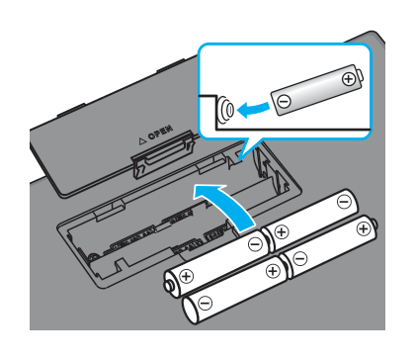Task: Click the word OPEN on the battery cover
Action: (161, 133)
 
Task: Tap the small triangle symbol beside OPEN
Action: (142, 141)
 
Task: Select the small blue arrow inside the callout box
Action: (253, 109)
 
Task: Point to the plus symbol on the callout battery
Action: (348, 79)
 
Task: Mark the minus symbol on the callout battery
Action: (284, 101)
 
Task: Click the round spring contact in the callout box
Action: (225, 110)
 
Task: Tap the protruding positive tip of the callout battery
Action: (361, 75)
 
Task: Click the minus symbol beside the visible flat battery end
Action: (205, 303)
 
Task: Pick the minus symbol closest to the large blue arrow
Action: (255, 244)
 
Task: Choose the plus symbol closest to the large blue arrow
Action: (282, 231)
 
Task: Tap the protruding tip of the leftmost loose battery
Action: (168, 286)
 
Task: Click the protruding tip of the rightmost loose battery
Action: (374, 225)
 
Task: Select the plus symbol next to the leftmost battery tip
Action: (187, 276)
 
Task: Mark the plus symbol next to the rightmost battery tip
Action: (364, 228)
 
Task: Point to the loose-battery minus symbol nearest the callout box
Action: (344, 202)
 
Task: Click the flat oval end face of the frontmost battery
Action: (190, 311)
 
